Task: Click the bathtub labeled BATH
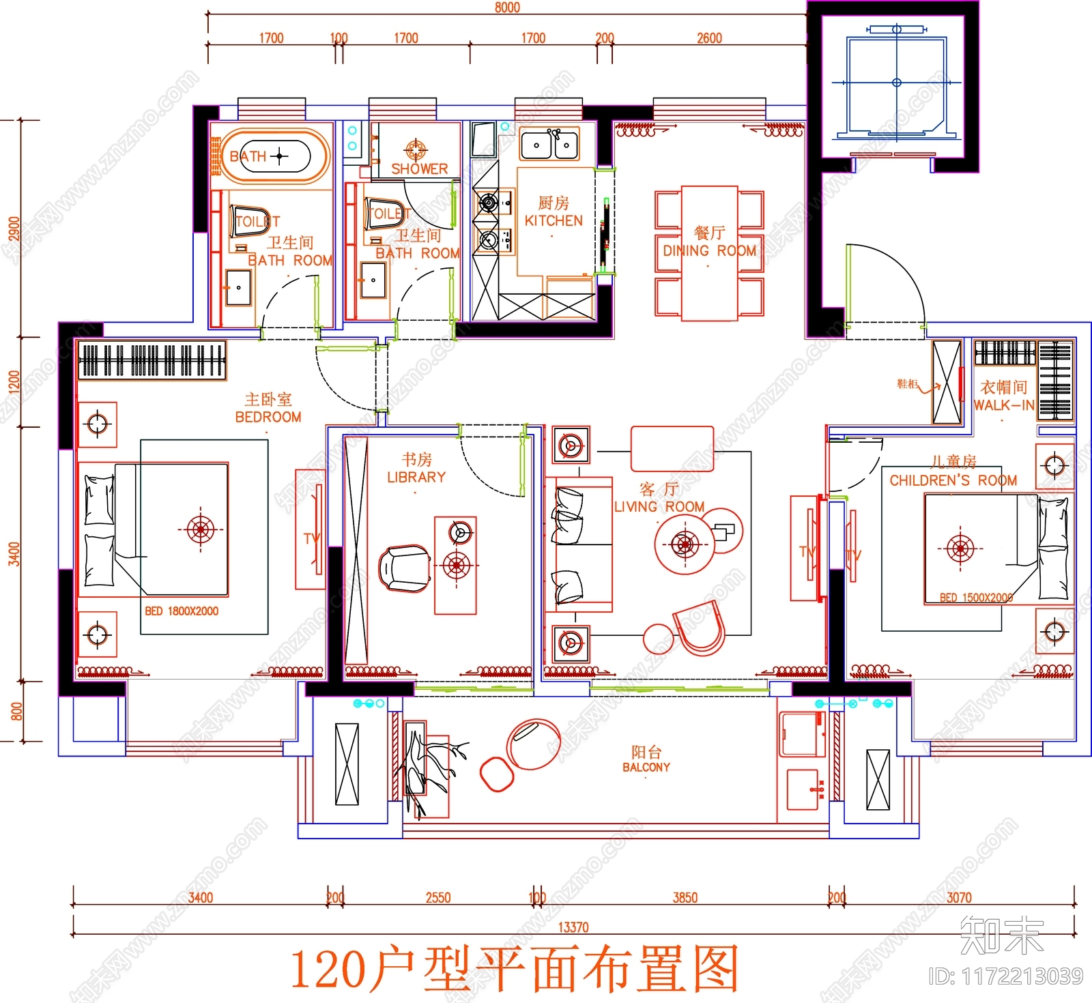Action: [x=270, y=156]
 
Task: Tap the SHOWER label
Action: [x=419, y=169]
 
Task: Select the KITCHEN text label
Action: [x=554, y=220]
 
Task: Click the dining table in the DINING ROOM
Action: [x=709, y=252]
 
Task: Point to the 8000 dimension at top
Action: [x=507, y=8]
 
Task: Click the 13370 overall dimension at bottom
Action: [x=573, y=927]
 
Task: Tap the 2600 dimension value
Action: [x=709, y=38]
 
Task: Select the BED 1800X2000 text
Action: [x=182, y=611]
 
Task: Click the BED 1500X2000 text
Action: [x=976, y=598]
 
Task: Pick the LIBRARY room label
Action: [x=416, y=477]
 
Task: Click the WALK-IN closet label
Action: [x=1003, y=405]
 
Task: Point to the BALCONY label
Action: [x=646, y=767]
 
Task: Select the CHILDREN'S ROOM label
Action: [x=953, y=480]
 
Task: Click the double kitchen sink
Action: [x=549, y=145]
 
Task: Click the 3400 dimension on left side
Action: [x=14, y=553]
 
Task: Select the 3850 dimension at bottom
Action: [x=685, y=898]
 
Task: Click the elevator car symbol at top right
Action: [x=896, y=83]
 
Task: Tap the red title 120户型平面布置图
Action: [x=515, y=970]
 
